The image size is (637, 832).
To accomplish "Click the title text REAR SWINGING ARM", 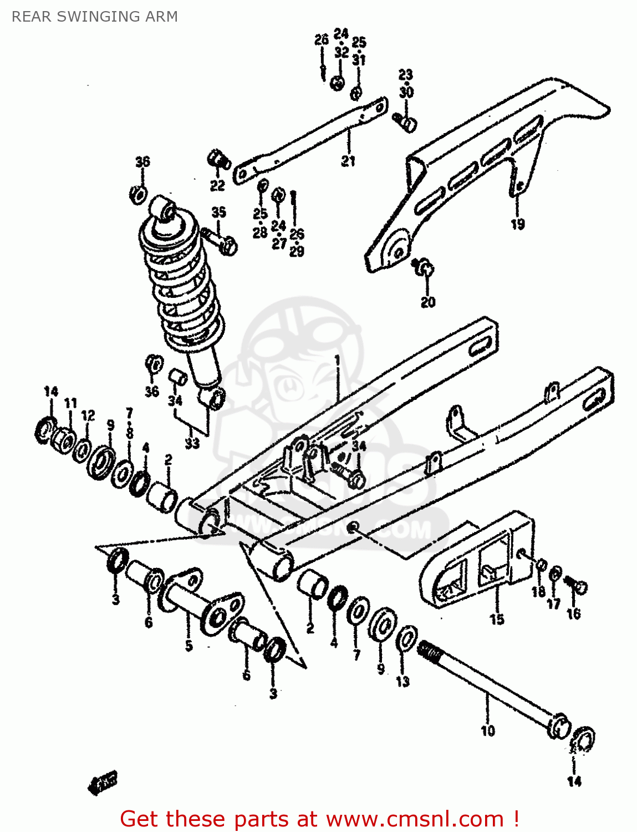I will coord(95,17).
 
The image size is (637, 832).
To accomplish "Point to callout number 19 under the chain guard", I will coord(517,224).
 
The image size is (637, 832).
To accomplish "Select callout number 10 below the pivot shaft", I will coord(487,730).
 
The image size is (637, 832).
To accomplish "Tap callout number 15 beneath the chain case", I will coord(497,618).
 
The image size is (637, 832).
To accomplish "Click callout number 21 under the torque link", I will coord(348,161).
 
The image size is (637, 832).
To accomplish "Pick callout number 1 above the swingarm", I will coord(337,361).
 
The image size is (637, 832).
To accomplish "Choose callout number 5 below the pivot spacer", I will coord(188,646).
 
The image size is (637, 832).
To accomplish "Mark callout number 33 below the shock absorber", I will coord(192,443).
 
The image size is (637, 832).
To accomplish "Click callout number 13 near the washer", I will coord(402,681).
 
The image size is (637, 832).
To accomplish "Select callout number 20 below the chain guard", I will coord(428,302).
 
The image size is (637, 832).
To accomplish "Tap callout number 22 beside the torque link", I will coord(217,185).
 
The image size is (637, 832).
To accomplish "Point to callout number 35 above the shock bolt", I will coord(219,212).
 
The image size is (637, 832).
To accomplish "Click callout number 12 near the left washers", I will coord(88,415).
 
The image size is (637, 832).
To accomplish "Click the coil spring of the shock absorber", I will coord(180,283).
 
